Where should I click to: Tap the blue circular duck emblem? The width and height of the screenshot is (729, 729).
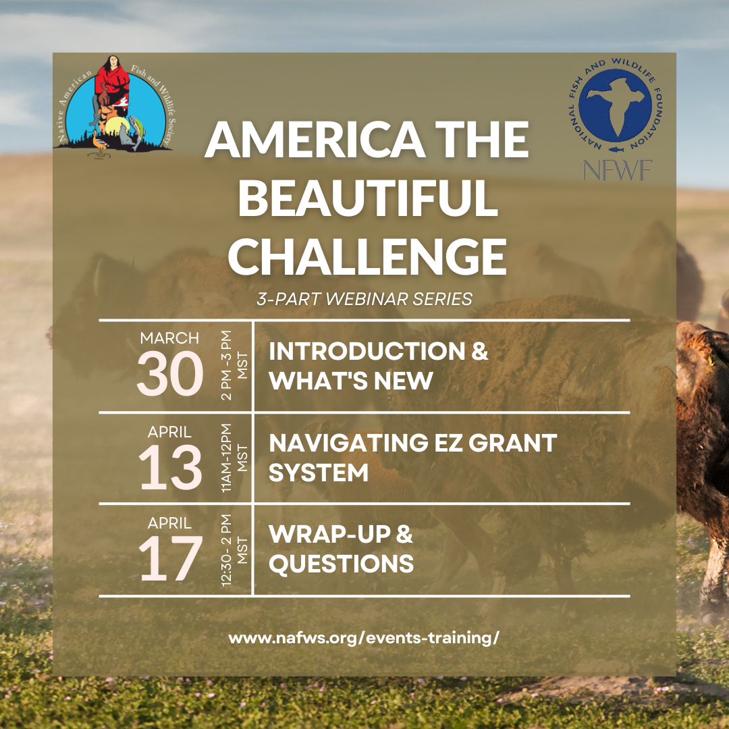pos(615,105)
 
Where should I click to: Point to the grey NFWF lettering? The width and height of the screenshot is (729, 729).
pos(618,170)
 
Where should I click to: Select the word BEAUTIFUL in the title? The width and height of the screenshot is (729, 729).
pos(368,198)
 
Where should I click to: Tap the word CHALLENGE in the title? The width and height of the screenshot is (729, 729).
pos(367,256)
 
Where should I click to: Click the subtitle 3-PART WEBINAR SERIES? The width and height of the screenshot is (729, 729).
pos(364,299)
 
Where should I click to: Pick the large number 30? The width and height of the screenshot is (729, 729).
pos(170,373)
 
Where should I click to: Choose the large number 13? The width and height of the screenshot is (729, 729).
pos(170,467)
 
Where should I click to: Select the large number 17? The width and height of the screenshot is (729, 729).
pos(170,558)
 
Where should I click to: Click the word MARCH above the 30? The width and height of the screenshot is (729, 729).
pos(169,338)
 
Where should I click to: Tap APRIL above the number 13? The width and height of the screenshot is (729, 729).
pos(169,432)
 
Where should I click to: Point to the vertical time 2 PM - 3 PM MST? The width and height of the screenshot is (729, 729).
pos(234,365)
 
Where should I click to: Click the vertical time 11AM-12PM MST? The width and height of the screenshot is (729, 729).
pos(234,458)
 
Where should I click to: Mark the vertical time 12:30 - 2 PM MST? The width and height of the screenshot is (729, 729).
pos(234,550)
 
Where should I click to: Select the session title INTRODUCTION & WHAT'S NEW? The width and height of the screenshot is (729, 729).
pos(379,365)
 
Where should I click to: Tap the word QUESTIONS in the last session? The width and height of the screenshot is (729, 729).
pos(342,564)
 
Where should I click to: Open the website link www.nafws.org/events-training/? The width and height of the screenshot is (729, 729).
pos(364,638)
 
